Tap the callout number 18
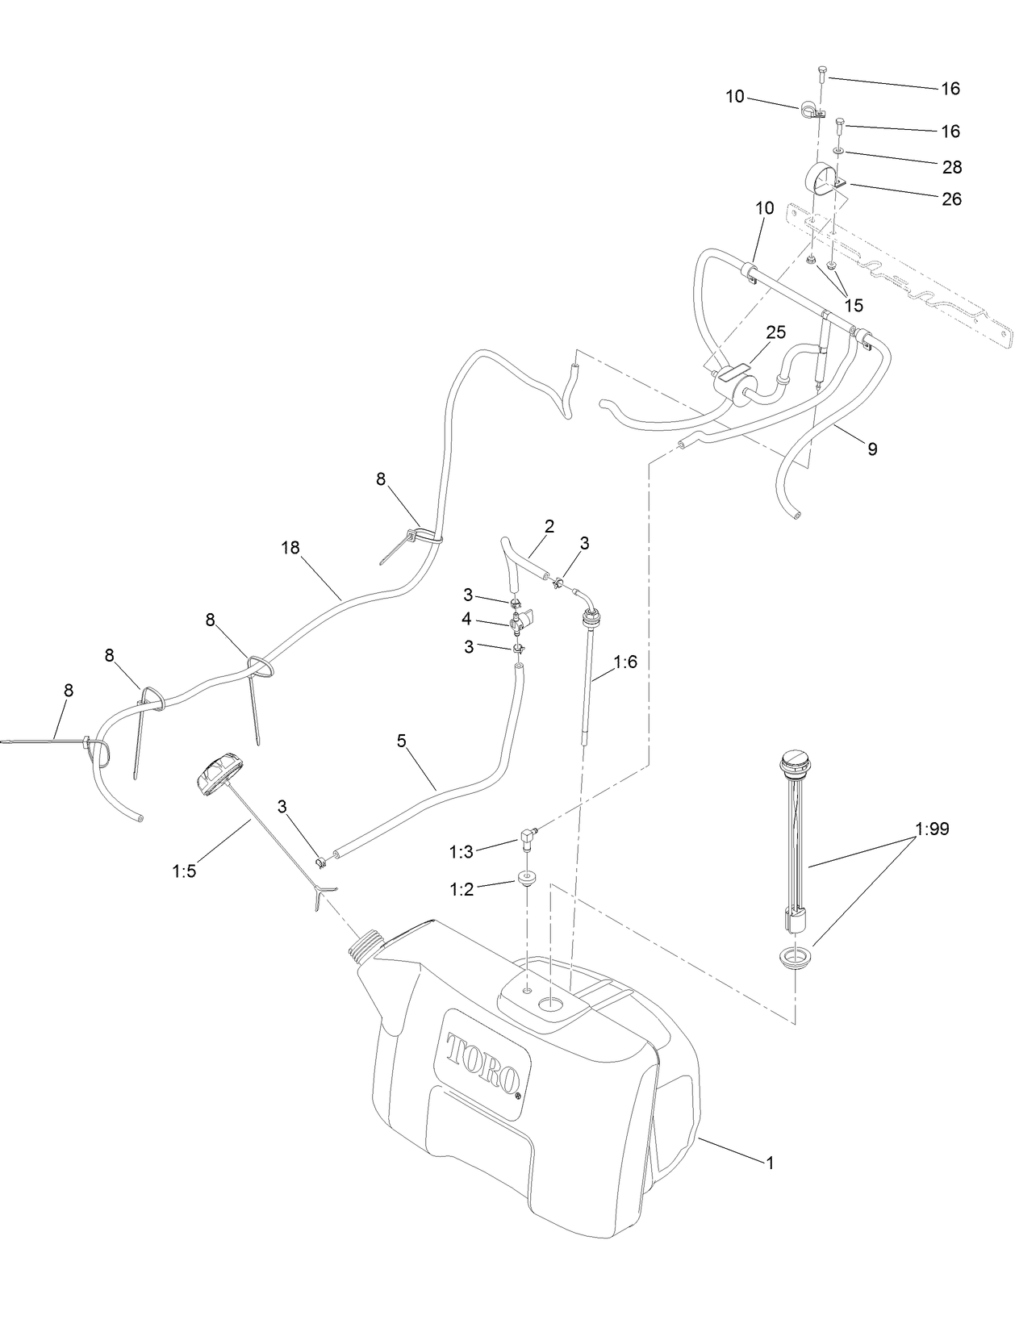coord(290,548)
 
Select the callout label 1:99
coord(932,829)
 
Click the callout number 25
coord(776,332)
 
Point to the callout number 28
coord(952,167)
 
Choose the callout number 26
coord(952,198)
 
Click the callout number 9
coord(872,449)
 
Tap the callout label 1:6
coord(625,662)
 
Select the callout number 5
coord(401,741)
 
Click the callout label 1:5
coord(184,871)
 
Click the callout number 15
coord(854,305)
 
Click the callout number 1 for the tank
coord(770,1163)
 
